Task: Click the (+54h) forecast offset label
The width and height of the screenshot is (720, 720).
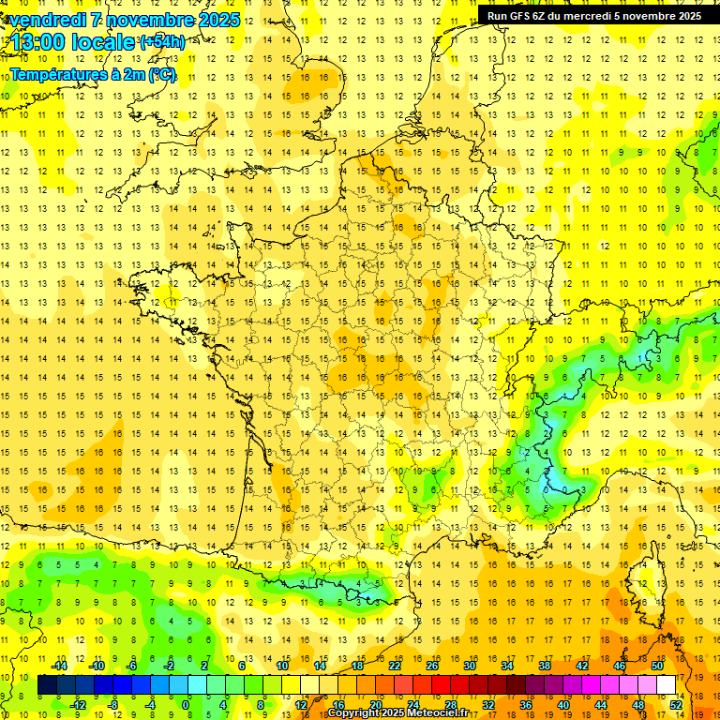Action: (162, 42)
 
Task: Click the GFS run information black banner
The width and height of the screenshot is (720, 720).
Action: (594, 15)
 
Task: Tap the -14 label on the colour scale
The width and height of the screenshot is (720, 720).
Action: (59, 666)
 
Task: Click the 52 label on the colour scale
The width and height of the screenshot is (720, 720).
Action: (675, 704)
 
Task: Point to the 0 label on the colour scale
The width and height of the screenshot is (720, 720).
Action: (185, 704)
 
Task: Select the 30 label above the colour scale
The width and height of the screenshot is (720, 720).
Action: (469, 666)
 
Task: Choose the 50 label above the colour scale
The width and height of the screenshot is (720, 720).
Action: (656, 666)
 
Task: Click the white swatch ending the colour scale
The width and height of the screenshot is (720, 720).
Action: (666, 685)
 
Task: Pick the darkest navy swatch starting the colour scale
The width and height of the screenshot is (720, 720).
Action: (48, 685)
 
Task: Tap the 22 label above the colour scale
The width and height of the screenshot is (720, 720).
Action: (395, 666)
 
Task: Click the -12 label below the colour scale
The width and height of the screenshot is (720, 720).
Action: (79, 704)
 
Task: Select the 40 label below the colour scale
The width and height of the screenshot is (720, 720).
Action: (562, 704)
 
